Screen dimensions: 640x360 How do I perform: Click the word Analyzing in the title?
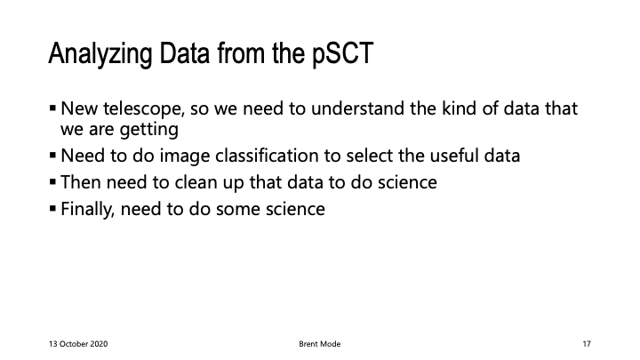click(x=100, y=54)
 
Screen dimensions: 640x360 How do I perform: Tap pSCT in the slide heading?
click(x=343, y=54)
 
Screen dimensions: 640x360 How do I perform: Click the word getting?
click(x=149, y=130)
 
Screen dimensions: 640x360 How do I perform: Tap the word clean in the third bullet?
click(x=196, y=182)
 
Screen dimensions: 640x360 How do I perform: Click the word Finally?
click(x=87, y=210)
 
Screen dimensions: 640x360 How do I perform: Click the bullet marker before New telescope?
click(x=52, y=108)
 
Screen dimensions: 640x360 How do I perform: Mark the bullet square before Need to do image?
click(x=52, y=155)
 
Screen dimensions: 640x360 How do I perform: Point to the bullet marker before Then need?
click(x=52, y=181)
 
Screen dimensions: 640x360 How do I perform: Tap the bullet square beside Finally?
click(x=52, y=209)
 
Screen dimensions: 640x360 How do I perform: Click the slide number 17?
click(x=587, y=344)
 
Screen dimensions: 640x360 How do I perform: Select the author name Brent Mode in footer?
click(x=320, y=344)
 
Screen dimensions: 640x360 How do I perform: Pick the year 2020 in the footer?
click(x=100, y=344)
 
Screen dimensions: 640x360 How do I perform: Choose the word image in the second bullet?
click(x=185, y=156)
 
